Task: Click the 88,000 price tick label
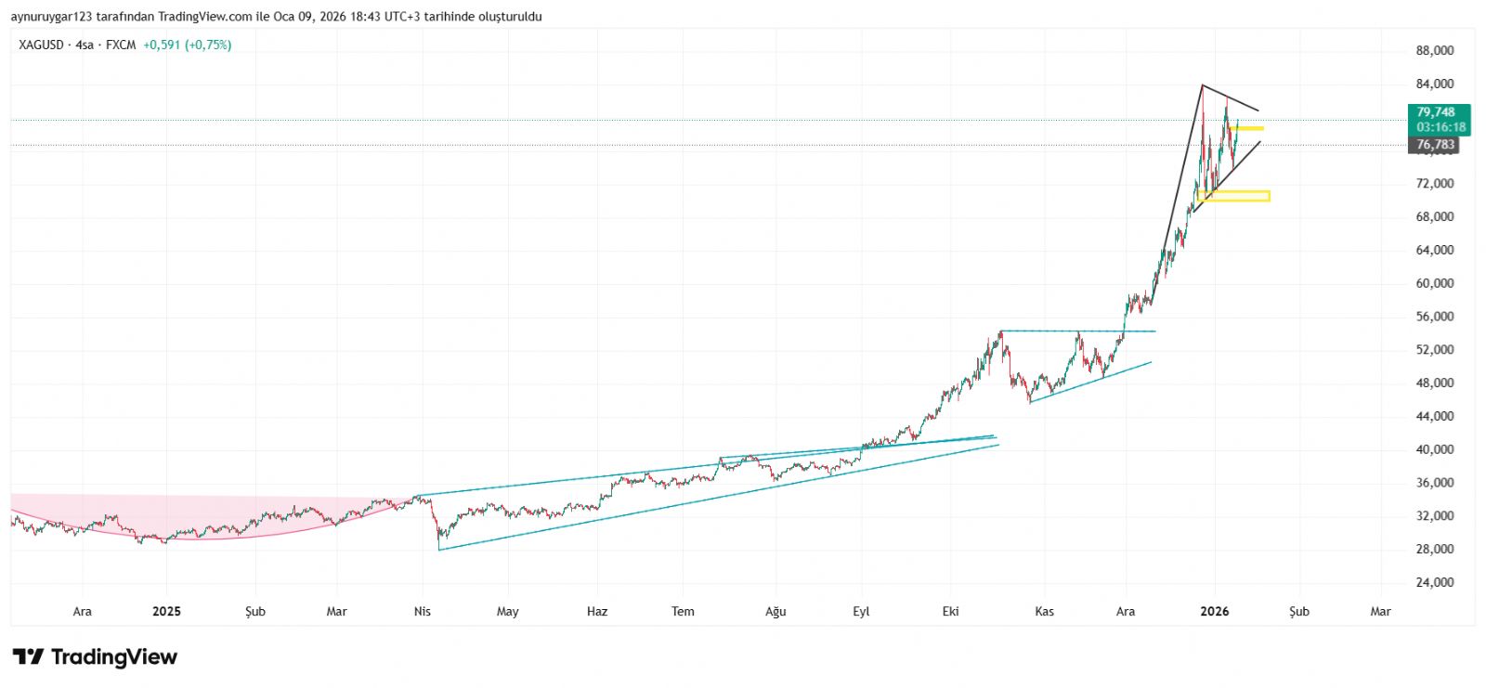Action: pos(1434,51)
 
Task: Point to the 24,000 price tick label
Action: pos(1434,582)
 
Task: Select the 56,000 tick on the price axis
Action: pos(1434,317)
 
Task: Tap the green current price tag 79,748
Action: pos(1439,112)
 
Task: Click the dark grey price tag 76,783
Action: pos(1436,145)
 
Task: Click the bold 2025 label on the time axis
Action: pos(166,611)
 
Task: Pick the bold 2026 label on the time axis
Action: pos(1214,611)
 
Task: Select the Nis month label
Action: pos(423,611)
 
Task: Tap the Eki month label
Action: pos(950,611)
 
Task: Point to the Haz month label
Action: pos(597,611)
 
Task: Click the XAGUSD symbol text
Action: pos(41,45)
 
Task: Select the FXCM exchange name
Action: pos(121,45)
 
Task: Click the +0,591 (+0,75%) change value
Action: pos(187,45)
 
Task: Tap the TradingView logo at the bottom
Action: pos(95,657)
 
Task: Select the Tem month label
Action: pos(683,611)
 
